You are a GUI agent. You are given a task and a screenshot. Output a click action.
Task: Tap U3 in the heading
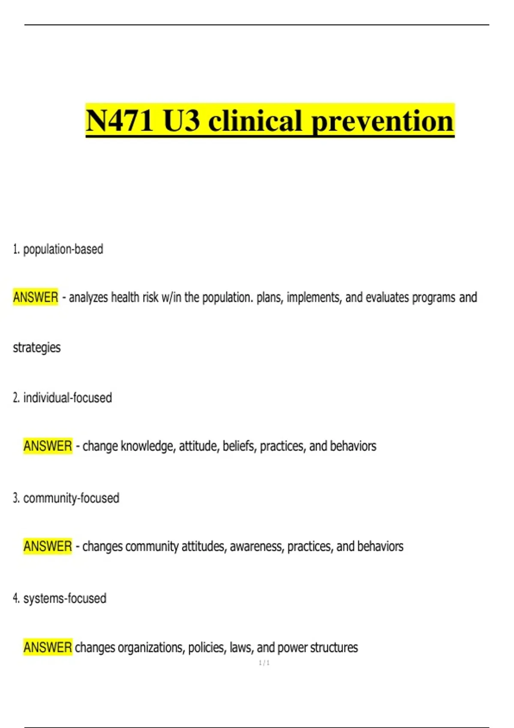pos(181,121)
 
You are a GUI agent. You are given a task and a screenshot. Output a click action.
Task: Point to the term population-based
pos(63,249)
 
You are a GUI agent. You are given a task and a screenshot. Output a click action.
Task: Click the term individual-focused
pos(67,398)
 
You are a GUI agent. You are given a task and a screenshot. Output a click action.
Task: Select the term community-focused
pos(71,498)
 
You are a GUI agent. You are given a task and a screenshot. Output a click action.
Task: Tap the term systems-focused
pos(65,598)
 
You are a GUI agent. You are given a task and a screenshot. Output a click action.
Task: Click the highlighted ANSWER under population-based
pos(36,297)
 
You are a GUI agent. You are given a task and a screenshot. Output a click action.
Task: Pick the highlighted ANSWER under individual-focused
pos(48,446)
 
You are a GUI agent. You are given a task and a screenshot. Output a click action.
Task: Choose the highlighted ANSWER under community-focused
pos(48,546)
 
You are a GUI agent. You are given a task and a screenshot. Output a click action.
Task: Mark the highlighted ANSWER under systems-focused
pos(48,647)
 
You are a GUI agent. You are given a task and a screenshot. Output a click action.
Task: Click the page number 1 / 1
pos(264,663)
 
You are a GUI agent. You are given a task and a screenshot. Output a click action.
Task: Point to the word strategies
pos(37,347)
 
